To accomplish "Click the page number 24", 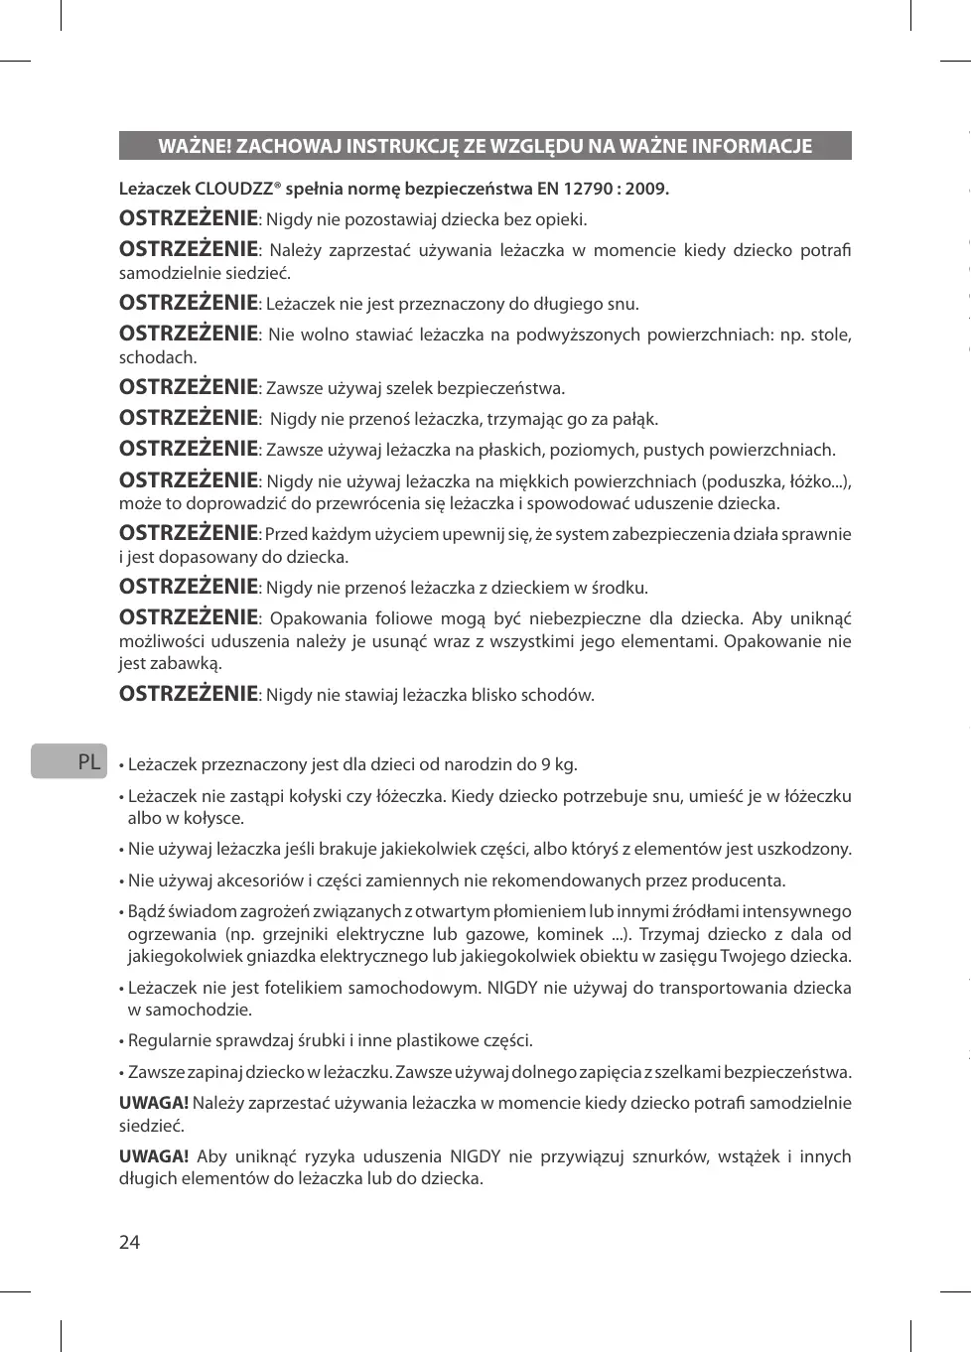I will pyautogui.click(x=129, y=1242).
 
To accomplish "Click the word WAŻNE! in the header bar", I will pyautogui.click(x=194, y=147).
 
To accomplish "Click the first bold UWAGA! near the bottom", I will pyautogui.click(x=154, y=1103).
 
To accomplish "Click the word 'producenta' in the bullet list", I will pyautogui.click(x=738, y=880).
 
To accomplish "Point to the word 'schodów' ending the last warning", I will pyautogui.click(x=561, y=695).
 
